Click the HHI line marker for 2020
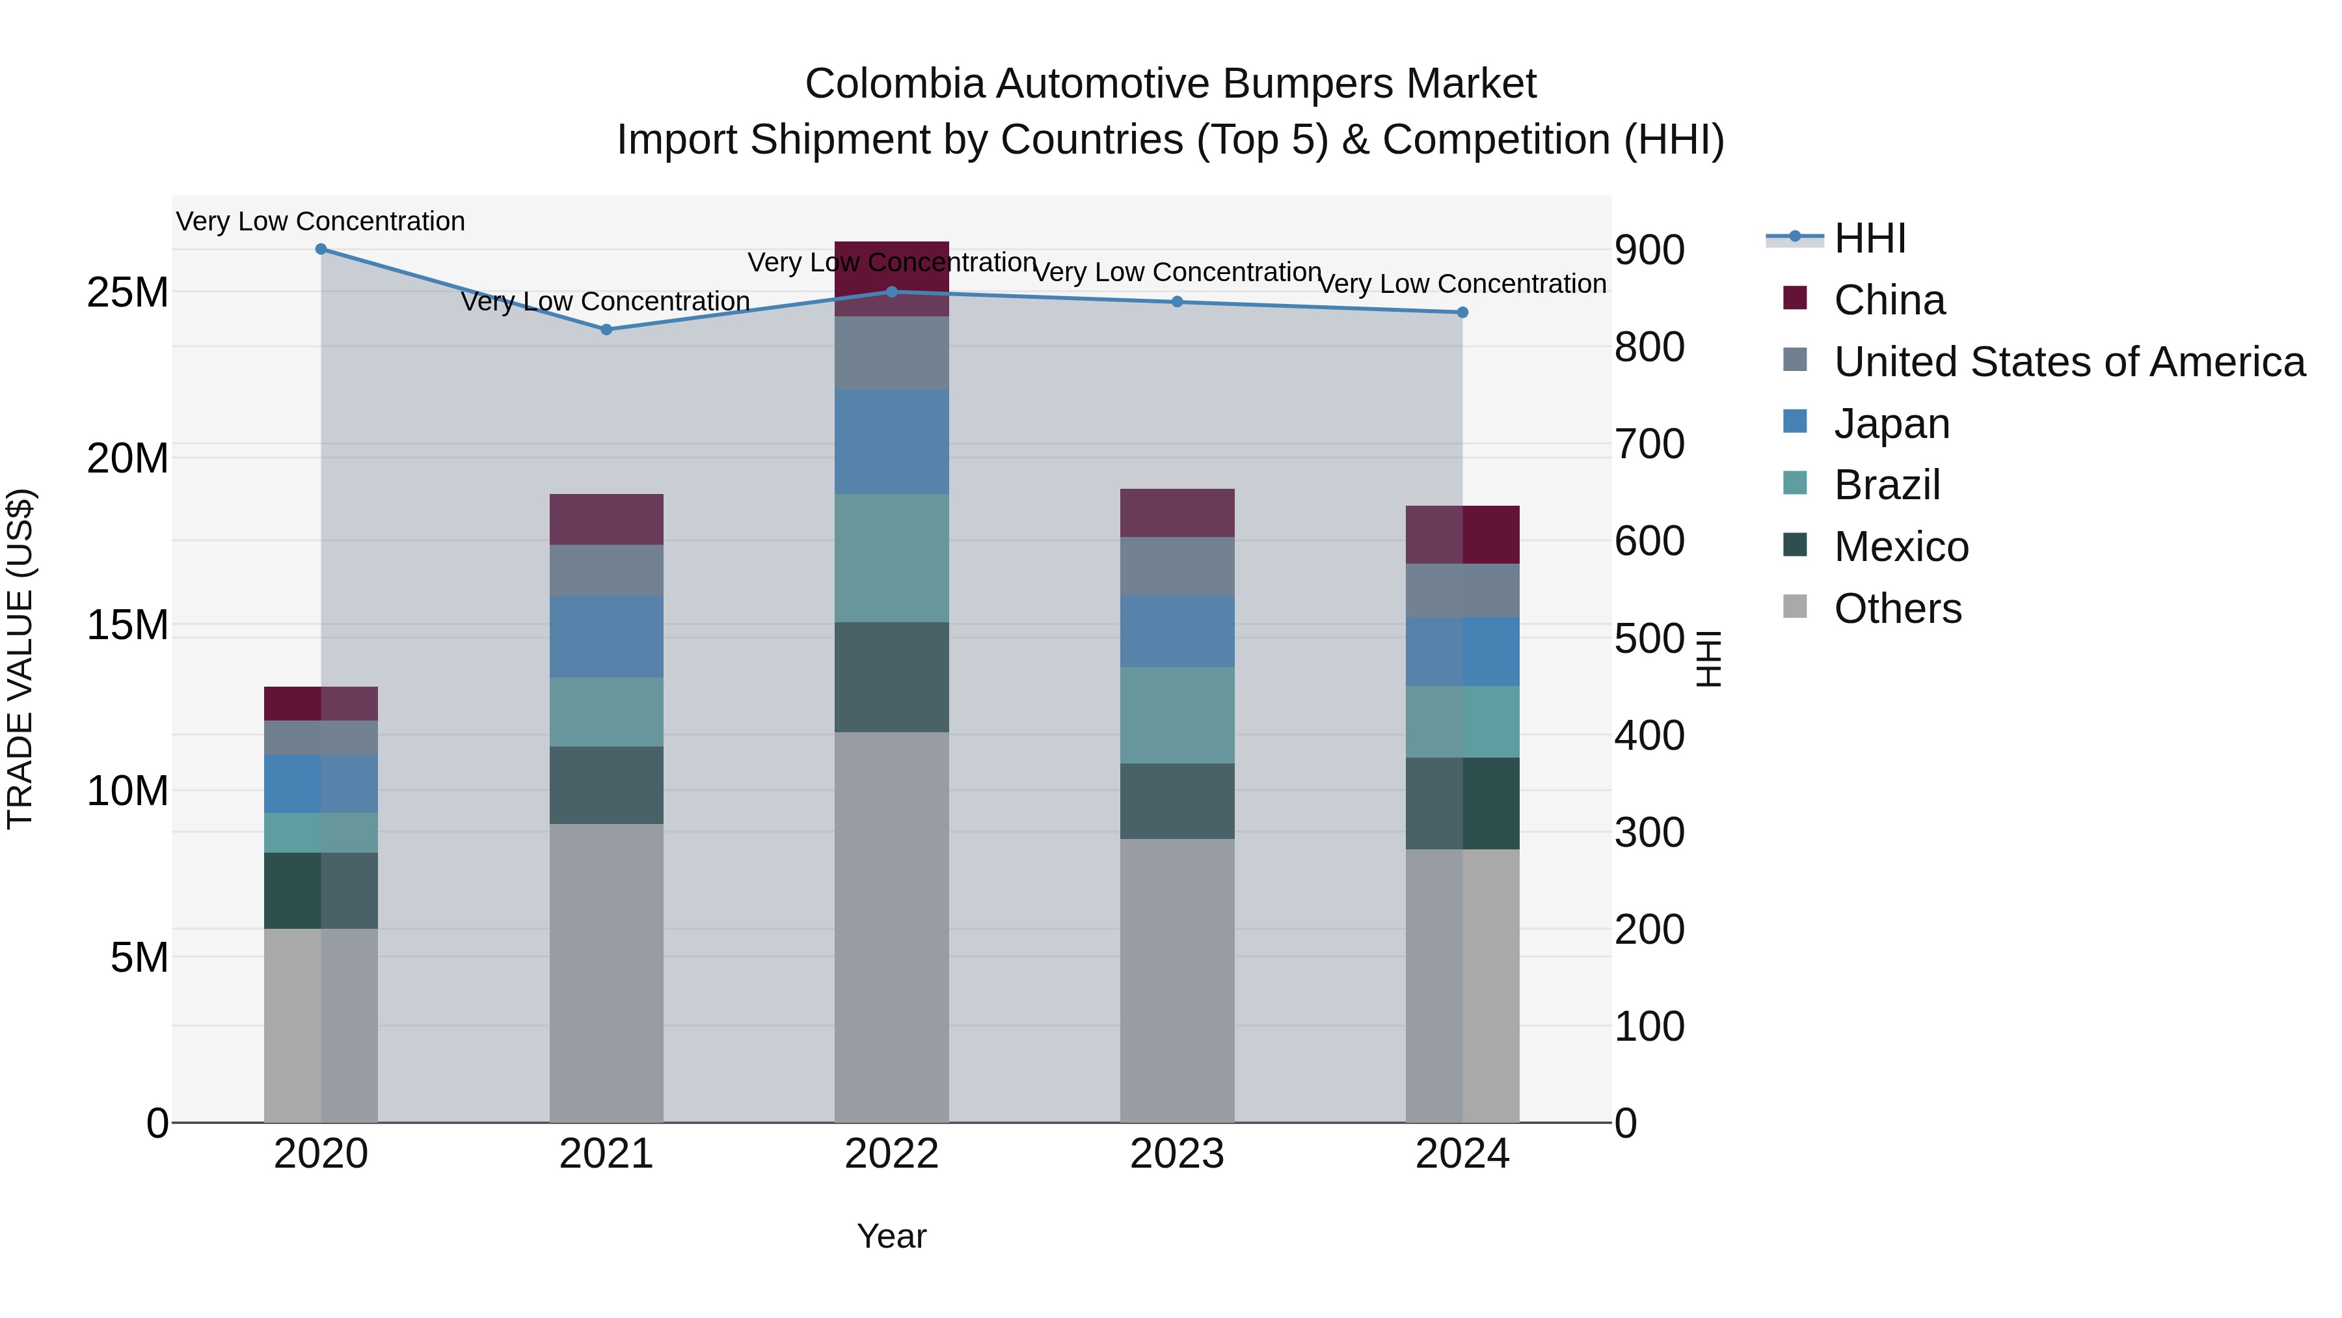321,249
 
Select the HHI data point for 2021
606,329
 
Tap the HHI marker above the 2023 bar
1178,302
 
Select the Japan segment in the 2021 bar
606,637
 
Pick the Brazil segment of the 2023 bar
1178,715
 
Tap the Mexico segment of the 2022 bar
892,677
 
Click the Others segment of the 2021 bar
606,973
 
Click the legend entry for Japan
1891,424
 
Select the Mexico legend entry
1900,547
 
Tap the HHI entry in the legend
1869,238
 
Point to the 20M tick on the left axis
128,458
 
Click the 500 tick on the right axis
1649,638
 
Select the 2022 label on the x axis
892,1154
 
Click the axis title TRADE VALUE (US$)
20,659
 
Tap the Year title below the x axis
892,1236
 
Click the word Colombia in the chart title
894,84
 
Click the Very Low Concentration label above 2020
320,221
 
